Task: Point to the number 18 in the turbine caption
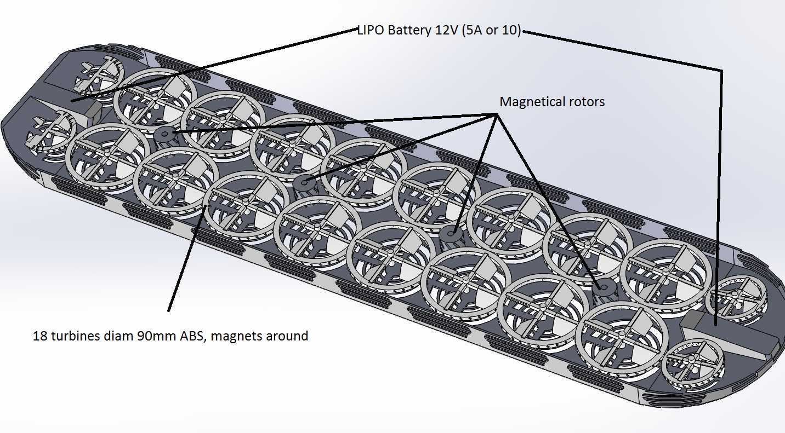(x=41, y=336)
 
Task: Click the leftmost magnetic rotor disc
(x=164, y=134)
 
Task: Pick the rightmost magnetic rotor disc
(x=604, y=287)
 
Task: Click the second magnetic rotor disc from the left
(x=304, y=182)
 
